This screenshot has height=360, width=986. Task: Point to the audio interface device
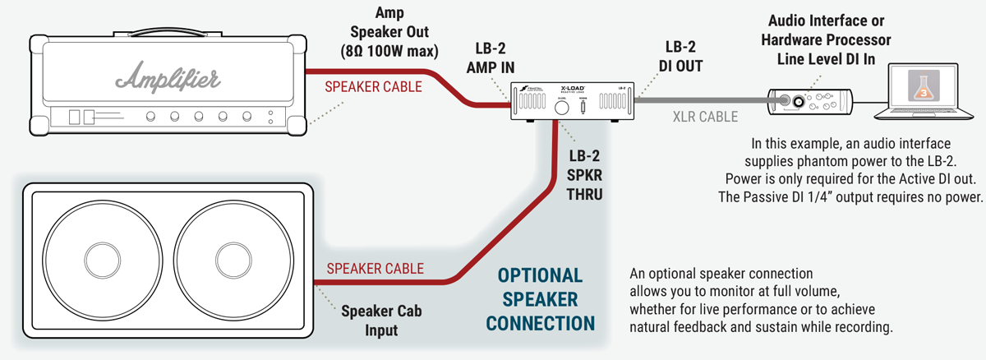809,101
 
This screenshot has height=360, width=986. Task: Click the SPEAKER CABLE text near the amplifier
374,86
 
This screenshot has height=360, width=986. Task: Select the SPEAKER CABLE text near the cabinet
375,268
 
